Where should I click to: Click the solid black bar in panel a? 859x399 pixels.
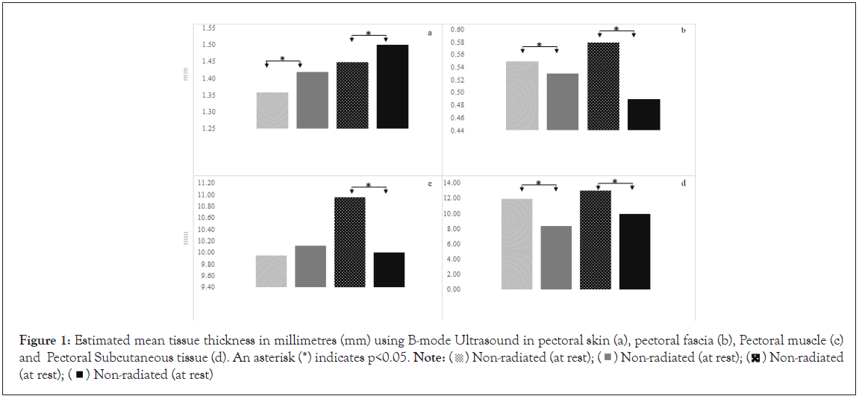[392, 87]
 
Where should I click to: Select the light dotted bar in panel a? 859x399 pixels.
[272, 110]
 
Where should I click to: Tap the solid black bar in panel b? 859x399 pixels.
[643, 114]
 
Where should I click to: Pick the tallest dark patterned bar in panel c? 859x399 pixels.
[349, 242]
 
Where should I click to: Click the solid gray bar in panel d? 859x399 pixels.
[555, 257]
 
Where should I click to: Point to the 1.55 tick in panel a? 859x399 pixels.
[209, 28]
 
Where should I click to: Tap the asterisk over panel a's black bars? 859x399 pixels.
[368, 34]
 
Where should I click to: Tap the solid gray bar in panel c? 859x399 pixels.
[310, 266]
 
